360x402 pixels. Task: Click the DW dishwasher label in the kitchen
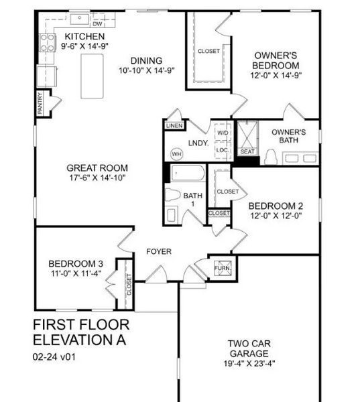(x=97, y=23)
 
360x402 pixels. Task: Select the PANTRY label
(x=41, y=104)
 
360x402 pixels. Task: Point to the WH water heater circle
(x=177, y=153)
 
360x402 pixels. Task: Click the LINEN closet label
(x=174, y=125)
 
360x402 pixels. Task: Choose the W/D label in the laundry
(x=223, y=133)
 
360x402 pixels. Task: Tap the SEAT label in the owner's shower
(x=247, y=151)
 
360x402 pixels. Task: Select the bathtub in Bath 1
(x=190, y=174)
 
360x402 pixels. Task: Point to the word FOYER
(x=159, y=251)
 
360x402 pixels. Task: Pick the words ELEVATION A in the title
(x=79, y=340)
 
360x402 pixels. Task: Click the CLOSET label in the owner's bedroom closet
(x=208, y=51)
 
